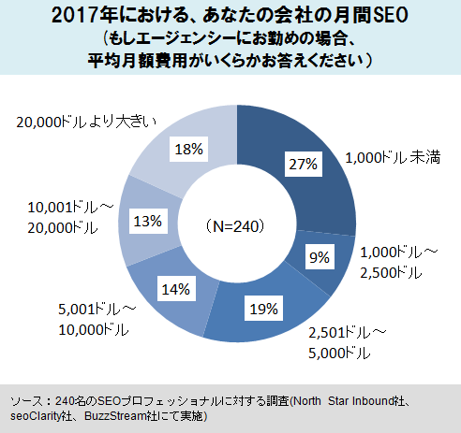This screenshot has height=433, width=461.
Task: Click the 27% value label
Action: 303,163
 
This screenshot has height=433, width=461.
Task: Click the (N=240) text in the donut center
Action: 236,225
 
